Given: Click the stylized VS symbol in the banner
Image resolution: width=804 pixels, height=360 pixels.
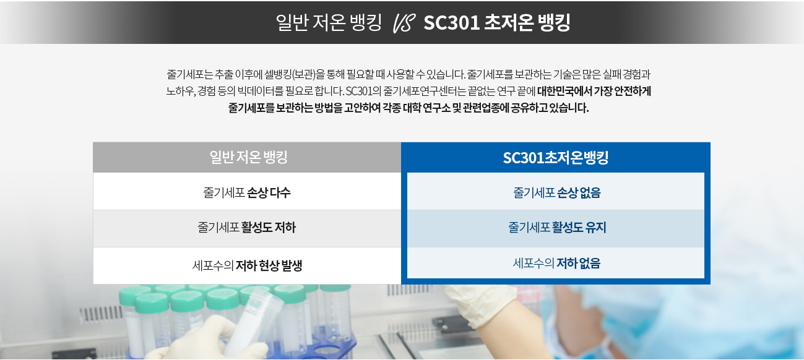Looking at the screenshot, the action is tap(404, 24).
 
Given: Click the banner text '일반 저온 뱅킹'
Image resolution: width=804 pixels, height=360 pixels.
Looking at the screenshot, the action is tap(329, 23).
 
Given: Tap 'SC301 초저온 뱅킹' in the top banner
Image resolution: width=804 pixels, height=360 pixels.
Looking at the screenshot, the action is tap(497, 23).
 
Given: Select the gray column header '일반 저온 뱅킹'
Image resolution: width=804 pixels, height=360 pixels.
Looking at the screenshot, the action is tap(248, 157).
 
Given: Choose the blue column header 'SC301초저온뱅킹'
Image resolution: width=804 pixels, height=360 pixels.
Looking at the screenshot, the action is tap(556, 158).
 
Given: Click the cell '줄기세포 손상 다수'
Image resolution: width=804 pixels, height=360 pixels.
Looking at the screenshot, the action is tap(247, 192).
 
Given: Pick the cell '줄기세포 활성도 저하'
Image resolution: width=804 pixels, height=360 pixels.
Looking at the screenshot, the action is tap(246, 228).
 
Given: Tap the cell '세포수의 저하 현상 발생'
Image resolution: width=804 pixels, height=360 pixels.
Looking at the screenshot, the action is tap(248, 266).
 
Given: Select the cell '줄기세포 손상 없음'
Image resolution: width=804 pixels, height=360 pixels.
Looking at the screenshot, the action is tap(556, 192).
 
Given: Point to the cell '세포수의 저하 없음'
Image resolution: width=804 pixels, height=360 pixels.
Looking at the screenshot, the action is tap(556, 264).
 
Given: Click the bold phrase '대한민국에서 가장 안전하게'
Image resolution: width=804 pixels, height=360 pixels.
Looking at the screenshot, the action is tap(594, 91).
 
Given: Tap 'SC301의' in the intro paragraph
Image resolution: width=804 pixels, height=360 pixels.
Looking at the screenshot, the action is tap(363, 91).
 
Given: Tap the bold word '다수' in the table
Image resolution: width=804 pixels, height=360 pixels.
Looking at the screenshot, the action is tap(280, 192).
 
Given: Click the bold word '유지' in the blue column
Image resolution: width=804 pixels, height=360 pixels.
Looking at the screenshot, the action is tap(595, 228).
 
